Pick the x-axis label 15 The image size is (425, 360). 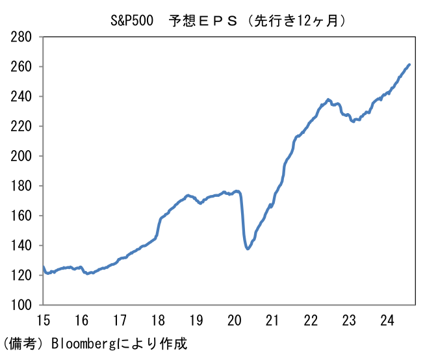43,320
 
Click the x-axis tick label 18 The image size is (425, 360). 158,320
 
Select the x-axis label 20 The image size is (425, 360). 235,320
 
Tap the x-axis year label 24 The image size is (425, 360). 388,320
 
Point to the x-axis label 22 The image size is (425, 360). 311,320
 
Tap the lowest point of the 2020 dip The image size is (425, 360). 248,249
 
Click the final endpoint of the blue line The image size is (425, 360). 409,64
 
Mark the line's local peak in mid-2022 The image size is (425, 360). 329,99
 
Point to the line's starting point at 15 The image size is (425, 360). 43,266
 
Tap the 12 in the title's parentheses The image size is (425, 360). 303,20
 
